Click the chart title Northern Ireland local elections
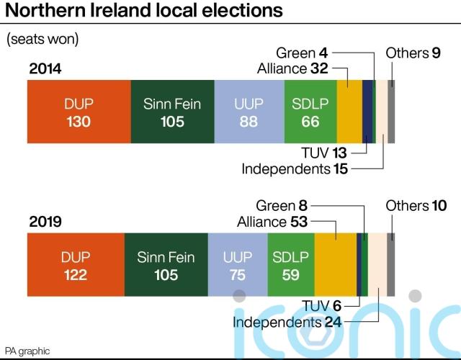click(x=136, y=12)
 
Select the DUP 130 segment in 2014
click(x=79, y=112)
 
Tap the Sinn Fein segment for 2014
click(x=172, y=112)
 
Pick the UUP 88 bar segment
click(x=249, y=112)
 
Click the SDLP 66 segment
click(x=310, y=112)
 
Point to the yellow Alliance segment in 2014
click(x=349, y=112)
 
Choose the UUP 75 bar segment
click(x=238, y=265)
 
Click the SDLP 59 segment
click(x=290, y=265)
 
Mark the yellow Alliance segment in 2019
click(x=335, y=265)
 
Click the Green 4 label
click(x=303, y=53)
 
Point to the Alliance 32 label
click(x=292, y=69)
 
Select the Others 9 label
click(x=413, y=53)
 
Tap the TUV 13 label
click(x=328, y=153)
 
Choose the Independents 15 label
click(x=295, y=169)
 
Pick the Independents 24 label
click(x=287, y=322)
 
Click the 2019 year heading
click(x=45, y=222)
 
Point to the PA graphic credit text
click(x=27, y=351)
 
